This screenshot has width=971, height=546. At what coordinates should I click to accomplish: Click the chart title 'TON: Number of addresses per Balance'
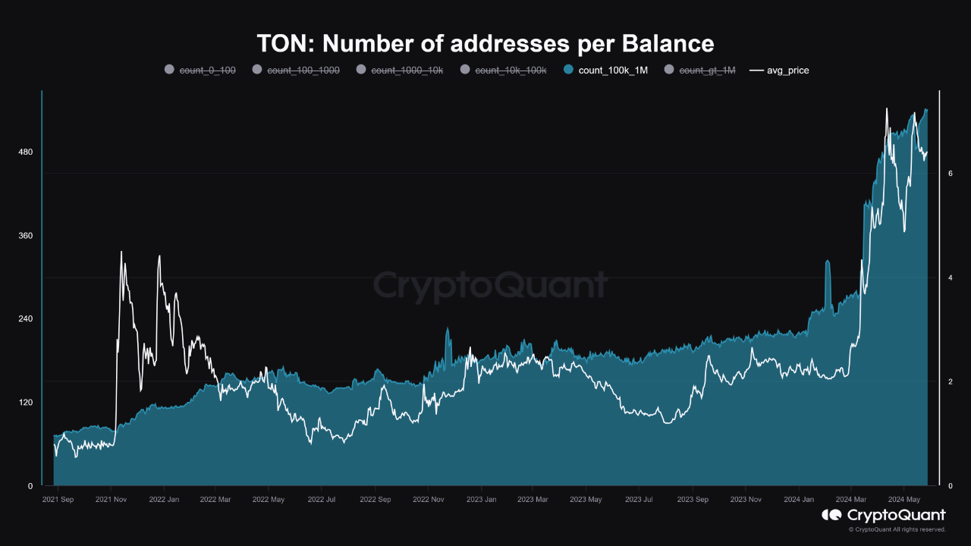coord(485,43)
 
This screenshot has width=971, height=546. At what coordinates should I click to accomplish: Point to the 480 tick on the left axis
coord(26,152)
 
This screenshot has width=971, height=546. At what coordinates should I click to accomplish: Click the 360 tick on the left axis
coord(26,236)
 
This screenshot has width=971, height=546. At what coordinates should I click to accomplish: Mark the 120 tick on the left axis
coord(26,402)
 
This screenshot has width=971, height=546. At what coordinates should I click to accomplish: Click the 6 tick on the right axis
coord(950,174)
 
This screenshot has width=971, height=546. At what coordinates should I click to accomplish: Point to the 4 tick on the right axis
coord(950,278)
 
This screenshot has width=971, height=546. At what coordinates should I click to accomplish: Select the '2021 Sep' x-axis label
coord(58,500)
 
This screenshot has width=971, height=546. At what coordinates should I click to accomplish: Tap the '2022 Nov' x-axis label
coord(429,500)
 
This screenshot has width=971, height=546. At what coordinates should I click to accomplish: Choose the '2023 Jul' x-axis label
coord(639,500)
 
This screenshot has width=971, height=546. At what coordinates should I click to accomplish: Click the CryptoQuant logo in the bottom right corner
coord(883,516)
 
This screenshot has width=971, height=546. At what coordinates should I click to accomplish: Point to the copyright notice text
coord(897,529)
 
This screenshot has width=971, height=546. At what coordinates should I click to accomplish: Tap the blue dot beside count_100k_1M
coord(568,70)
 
